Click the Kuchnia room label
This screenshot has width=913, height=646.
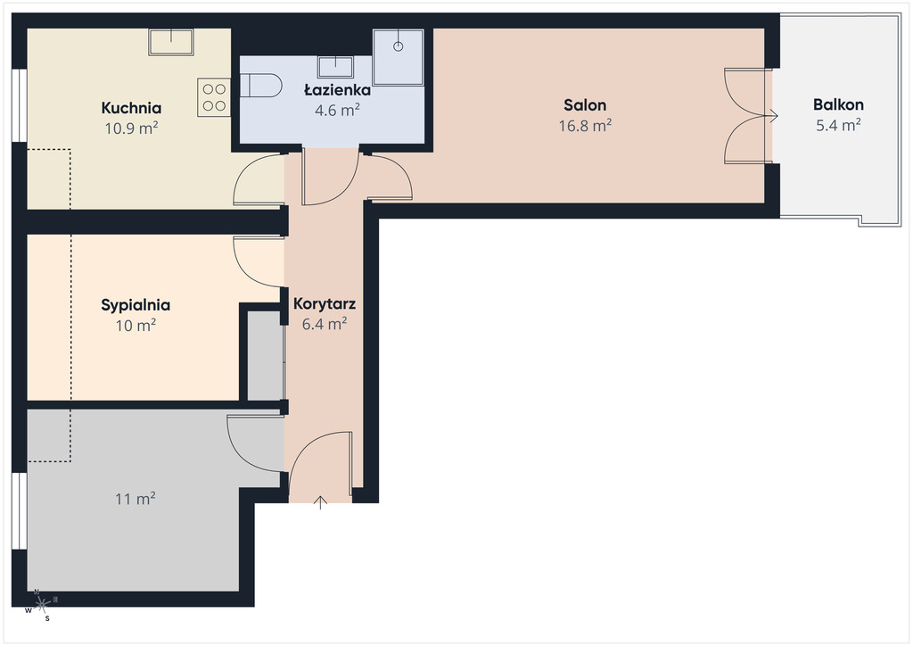[x=131, y=108]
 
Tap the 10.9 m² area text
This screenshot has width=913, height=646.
[x=131, y=128]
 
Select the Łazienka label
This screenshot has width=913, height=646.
[x=337, y=90]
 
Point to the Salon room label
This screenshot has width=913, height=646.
[x=585, y=105]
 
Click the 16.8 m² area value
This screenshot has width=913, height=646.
[x=585, y=125]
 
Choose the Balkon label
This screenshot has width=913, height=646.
[x=838, y=105]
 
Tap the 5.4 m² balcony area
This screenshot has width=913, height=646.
[x=838, y=125]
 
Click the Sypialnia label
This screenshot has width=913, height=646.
[x=136, y=305]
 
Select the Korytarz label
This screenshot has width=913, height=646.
[x=325, y=303]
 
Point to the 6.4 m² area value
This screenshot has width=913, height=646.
[x=325, y=324]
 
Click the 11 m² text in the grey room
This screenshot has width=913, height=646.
[x=136, y=499]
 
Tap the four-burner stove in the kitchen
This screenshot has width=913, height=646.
[x=214, y=97]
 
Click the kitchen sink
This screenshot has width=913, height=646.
[x=171, y=42]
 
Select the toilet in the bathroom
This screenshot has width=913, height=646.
[x=260, y=86]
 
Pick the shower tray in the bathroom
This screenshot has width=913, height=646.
[x=399, y=58]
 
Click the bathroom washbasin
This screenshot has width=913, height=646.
[x=335, y=66]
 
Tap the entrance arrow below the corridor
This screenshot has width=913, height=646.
[x=320, y=502]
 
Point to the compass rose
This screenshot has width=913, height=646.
[x=41, y=605]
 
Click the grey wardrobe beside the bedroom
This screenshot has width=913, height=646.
[x=266, y=355]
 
